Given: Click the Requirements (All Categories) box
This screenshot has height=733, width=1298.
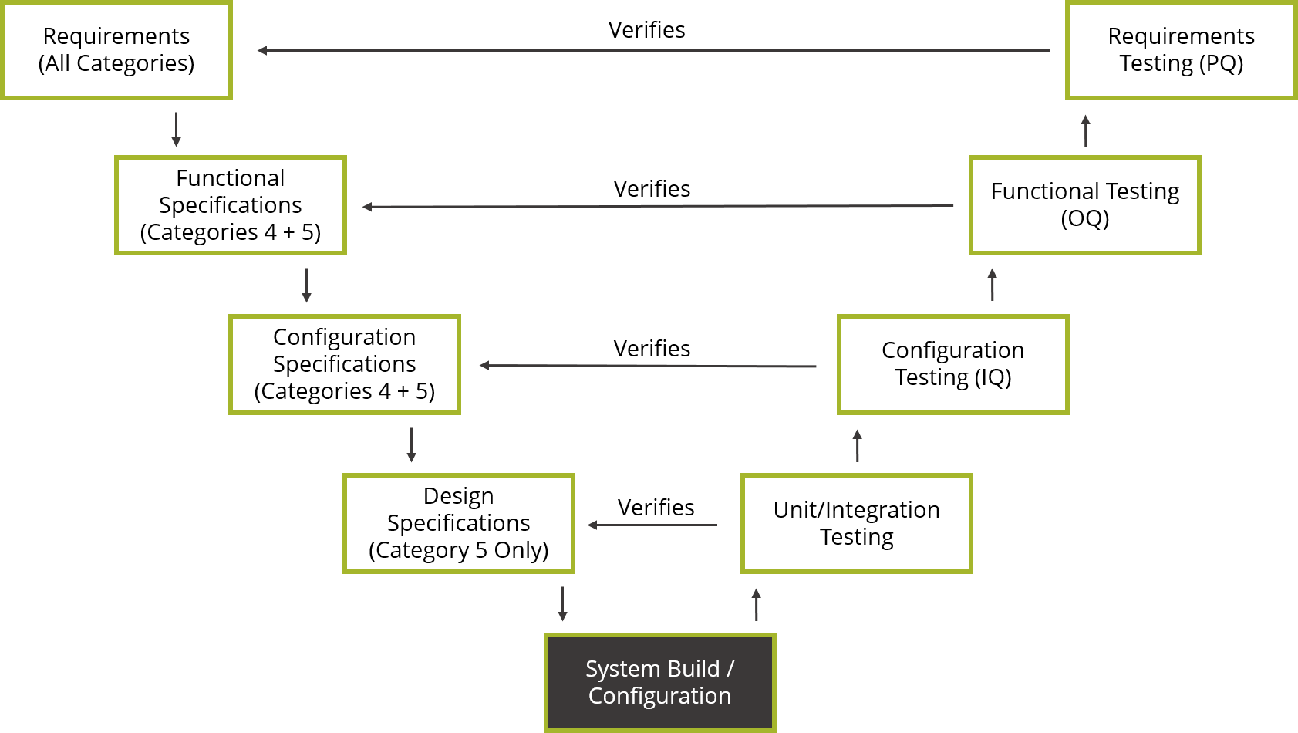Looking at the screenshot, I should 116,50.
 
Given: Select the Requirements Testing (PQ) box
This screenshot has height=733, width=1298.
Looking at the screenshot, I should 1181,50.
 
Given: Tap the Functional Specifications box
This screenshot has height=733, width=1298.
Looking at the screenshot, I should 230,205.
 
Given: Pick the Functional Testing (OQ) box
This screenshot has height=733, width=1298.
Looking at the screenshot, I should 1084,205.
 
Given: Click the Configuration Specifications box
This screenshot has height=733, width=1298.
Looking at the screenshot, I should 344,364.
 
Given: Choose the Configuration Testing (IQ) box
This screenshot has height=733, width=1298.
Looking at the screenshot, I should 952,364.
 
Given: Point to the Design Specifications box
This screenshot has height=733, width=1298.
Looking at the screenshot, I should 458,523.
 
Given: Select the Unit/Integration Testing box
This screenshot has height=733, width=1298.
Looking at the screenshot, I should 856,523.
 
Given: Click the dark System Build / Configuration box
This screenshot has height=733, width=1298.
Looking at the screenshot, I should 659,682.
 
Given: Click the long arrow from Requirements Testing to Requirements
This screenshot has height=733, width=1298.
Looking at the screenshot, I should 652,51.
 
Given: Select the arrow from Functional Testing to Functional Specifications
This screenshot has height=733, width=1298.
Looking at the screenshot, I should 657,206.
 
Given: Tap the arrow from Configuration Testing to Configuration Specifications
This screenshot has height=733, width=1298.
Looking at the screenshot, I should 648,366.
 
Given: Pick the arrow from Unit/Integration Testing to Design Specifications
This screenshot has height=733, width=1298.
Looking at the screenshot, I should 652,525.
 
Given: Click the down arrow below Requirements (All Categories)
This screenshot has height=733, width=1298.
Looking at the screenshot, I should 176,130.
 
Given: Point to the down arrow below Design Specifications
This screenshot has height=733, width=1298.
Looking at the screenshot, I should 562,604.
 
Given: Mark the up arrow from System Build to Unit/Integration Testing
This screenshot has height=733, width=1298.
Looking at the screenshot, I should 757,604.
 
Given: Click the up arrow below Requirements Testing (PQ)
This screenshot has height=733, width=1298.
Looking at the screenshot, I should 1085,130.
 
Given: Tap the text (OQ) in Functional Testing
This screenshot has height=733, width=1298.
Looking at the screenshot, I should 1084,219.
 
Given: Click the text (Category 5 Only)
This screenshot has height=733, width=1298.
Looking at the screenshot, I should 458,550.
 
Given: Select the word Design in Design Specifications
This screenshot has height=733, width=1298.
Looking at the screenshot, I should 458,496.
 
